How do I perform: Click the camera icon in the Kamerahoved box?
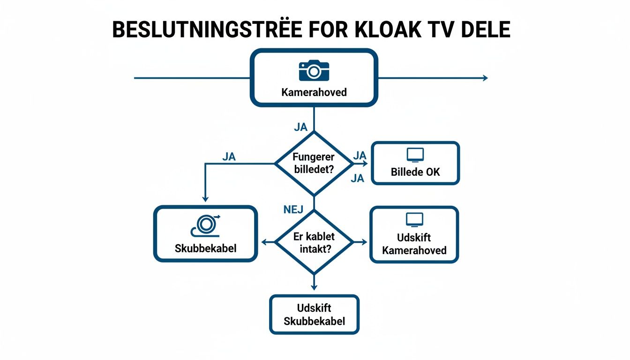click(314, 70)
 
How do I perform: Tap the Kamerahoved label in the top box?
click(314, 92)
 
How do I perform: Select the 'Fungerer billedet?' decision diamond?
click(314, 163)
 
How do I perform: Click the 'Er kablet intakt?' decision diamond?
click(314, 242)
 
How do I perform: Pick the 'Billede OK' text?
click(415, 172)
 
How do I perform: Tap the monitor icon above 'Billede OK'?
click(415, 155)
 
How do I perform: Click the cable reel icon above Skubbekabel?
click(205, 225)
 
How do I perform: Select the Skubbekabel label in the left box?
click(205, 248)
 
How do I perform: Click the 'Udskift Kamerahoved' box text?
click(414, 244)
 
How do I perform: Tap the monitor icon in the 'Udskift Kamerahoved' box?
click(414, 219)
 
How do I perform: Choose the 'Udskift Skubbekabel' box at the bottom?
click(314, 315)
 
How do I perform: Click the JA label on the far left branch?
click(229, 157)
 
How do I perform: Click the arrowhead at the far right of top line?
click(485, 78)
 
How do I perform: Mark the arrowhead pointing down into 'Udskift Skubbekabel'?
click(314, 287)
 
